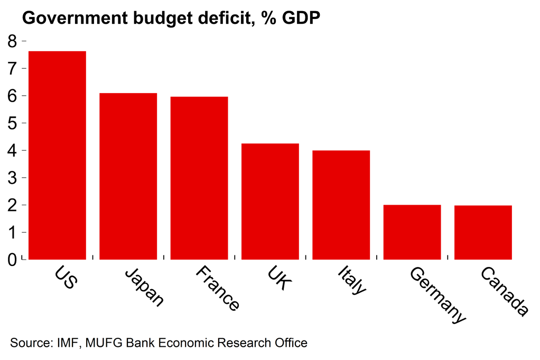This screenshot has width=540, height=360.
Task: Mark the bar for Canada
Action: point(483,232)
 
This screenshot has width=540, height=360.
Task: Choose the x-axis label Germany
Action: point(438,294)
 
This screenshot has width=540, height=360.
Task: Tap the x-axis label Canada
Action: point(504,292)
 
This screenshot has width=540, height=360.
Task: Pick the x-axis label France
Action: point(217,289)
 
